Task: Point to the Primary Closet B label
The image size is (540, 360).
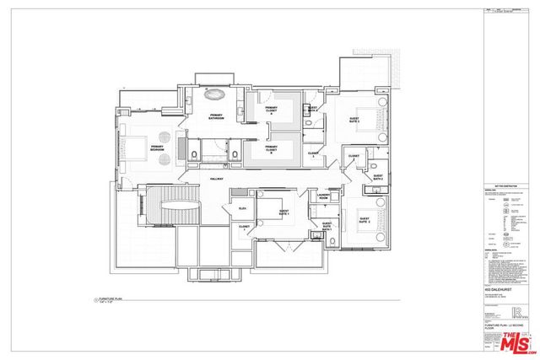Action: [x=271, y=152]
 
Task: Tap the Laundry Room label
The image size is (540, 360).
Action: [x=322, y=197]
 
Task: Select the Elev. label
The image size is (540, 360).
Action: [x=242, y=207]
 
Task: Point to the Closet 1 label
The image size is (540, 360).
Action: [x=244, y=227]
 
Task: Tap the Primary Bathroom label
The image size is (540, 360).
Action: [x=211, y=118]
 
